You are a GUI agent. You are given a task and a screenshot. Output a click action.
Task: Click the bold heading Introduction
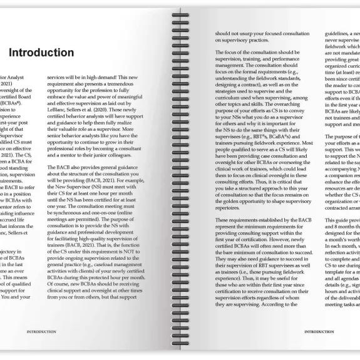pos(41,53)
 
